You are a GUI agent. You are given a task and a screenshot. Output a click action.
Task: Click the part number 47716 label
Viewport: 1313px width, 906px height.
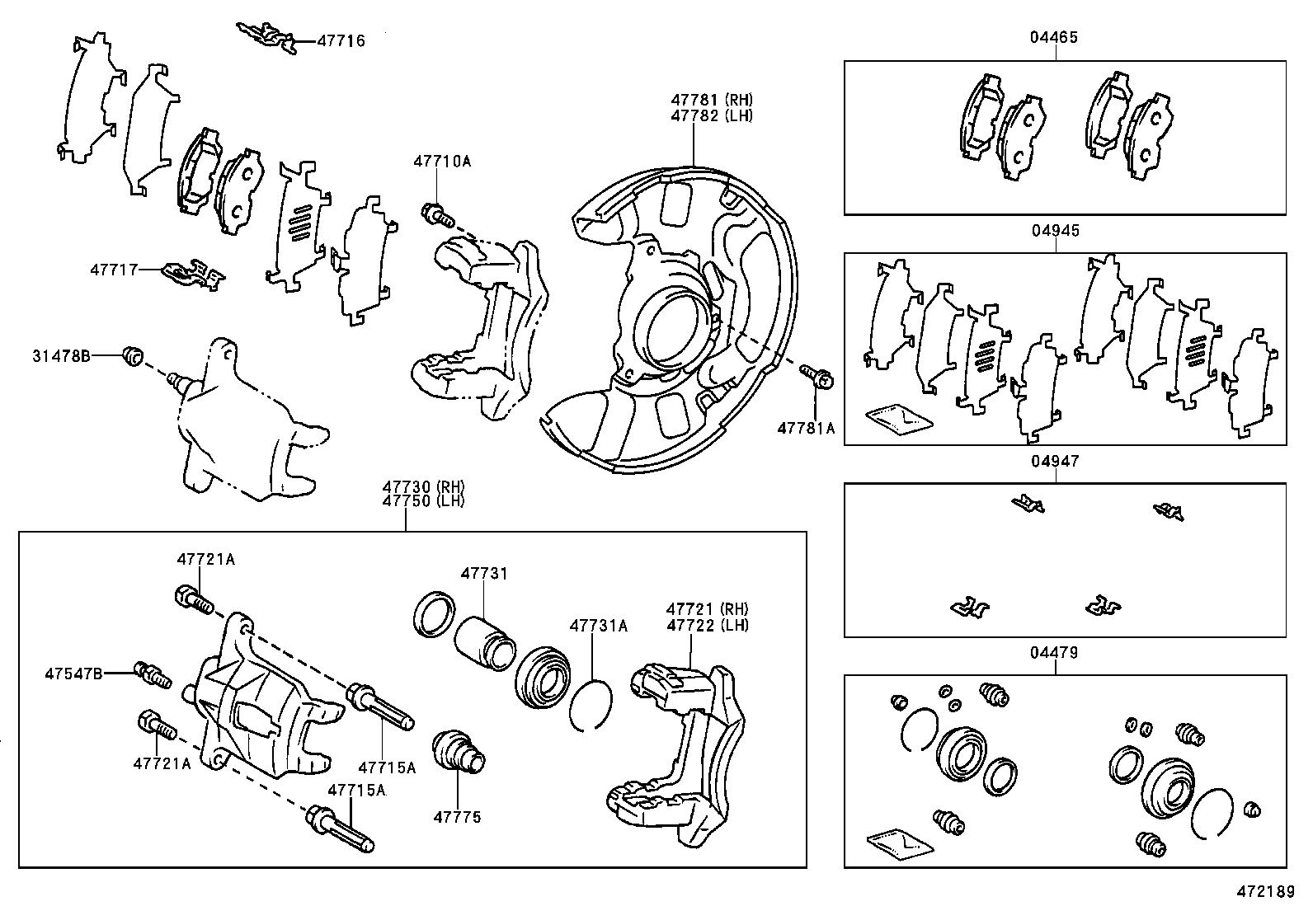(x=341, y=40)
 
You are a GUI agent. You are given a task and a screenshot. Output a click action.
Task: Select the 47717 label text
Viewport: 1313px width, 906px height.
(x=114, y=269)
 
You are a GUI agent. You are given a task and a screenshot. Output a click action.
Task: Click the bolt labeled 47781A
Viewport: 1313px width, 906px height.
(x=818, y=377)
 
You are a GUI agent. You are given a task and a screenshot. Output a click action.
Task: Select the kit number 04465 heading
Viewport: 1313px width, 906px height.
(x=1054, y=37)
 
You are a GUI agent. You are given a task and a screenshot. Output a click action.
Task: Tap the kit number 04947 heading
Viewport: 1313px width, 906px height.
(x=1054, y=461)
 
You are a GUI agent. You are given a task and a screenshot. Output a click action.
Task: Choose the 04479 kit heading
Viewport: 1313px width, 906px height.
(x=1054, y=652)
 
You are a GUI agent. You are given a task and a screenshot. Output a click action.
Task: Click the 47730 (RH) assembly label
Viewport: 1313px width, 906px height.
(x=424, y=486)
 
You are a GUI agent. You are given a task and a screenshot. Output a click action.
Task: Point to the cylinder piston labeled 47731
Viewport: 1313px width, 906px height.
(x=486, y=641)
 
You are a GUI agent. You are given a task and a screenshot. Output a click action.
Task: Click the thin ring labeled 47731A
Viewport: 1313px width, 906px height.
(x=590, y=706)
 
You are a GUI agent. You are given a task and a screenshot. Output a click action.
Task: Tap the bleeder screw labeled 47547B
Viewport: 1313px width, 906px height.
(x=153, y=674)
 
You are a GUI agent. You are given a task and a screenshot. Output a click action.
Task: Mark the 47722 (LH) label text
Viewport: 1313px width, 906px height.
(x=708, y=625)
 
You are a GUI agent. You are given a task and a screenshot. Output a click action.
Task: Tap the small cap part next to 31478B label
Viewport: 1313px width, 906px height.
(x=132, y=355)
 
